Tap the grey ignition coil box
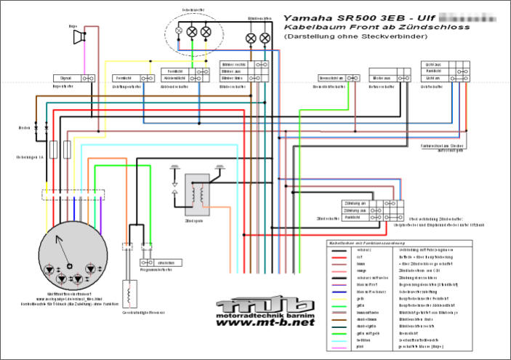click(x=196, y=191)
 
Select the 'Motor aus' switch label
click(x=382, y=78)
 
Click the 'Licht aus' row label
click(x=433, y=78)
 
